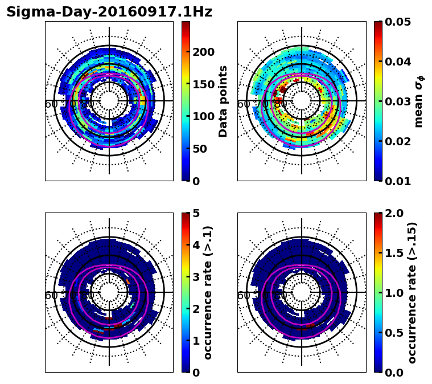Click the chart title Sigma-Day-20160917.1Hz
pyautogui.click(x=109, y=12)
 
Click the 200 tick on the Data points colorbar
pyautogui.click(x=204, y=52)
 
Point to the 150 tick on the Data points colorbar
pyautogui.click(x=204, y=84)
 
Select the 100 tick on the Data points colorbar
pyautogui.click(x=204, y=116)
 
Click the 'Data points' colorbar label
pyautogui.click(x=223, y=101)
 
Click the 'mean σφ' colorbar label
pyautogui.click(x=419, y=101)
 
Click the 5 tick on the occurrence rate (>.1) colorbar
pyautogui.click(x=196, y=214)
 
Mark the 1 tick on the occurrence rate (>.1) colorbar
pyautogui.click(x=196, y=341)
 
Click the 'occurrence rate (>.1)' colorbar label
pyautogui.click(x=208, y=293)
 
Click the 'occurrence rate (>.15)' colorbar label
pyautogui.click(x=412, y=293)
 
